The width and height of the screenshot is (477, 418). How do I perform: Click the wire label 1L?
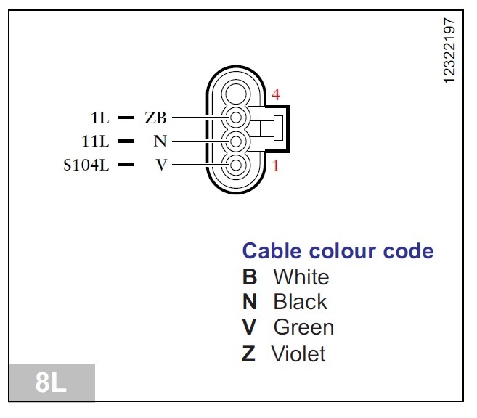click(x=99, y=117)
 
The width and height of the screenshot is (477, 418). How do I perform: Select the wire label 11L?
click(x=97, y=141)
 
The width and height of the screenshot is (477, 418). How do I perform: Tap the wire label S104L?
click(x=86, y=165)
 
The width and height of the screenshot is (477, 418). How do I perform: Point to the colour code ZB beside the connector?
click(x=155, y=117)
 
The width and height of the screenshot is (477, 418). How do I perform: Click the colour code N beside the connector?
click(x=160, y=141)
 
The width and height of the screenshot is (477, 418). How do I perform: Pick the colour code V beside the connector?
click(x=161, y=165)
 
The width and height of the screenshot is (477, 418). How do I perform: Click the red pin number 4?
click(x=276, y=95)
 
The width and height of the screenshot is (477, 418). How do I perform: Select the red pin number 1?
click(x=276, y=166)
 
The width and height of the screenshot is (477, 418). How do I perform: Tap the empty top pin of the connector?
click(x=235, y=92)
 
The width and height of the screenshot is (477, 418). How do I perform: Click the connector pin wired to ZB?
click(x=235, y=117)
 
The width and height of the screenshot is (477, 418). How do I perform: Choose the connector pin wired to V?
click(x=235, y=166)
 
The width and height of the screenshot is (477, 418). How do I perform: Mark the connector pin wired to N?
click(x=235, y=141)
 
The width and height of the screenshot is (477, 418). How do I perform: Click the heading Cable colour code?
click(x=338, y=251)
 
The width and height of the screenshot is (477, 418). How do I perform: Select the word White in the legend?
click(x=301, y=277)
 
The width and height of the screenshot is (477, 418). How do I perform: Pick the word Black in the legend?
click(x=300, y=302)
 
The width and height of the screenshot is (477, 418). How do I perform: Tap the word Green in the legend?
click(x=303, y=327)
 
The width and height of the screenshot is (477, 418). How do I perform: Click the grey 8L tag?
click(x=50, y=382)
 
